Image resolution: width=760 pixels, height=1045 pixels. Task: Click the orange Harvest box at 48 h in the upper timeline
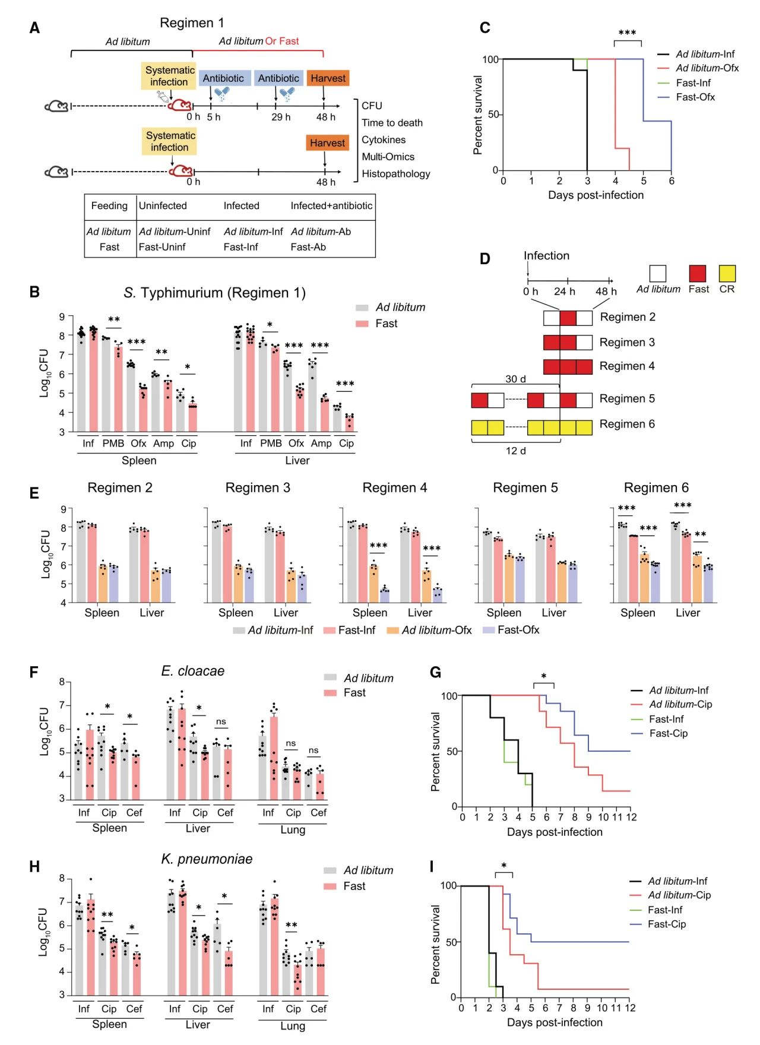[328, 78]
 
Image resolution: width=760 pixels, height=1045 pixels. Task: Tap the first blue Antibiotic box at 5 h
[223, 78]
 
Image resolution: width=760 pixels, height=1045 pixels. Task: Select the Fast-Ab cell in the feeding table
[308, 247]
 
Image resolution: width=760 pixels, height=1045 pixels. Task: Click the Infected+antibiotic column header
[331, 206]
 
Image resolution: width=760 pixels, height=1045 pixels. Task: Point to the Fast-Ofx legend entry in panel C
[695, 97]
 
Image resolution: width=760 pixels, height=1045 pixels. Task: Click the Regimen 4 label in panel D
[627, 366]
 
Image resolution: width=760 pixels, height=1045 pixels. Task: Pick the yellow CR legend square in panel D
[727, 274]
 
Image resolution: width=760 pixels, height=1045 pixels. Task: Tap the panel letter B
[34, 292]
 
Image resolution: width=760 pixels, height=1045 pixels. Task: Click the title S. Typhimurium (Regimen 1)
[214, 293]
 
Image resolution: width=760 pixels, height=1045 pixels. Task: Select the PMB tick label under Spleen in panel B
[113, 444]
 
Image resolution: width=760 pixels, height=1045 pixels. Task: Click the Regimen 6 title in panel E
[656, 488]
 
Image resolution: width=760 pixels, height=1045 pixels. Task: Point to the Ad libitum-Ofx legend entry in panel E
[436, 630]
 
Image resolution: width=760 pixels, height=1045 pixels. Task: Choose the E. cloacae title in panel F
[193, 671]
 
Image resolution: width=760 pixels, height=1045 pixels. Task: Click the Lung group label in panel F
[293, 829]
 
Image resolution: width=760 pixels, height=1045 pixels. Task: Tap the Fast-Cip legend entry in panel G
[668, 733]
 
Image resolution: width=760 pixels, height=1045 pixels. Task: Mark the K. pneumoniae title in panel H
[207, 859]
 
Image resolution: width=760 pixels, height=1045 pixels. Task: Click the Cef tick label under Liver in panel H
[225, 1009]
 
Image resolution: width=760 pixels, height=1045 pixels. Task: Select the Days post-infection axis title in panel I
[555, 1022]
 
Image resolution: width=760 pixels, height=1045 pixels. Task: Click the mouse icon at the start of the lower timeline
[58, 172]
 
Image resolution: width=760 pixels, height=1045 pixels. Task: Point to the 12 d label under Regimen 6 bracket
[515, 451]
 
